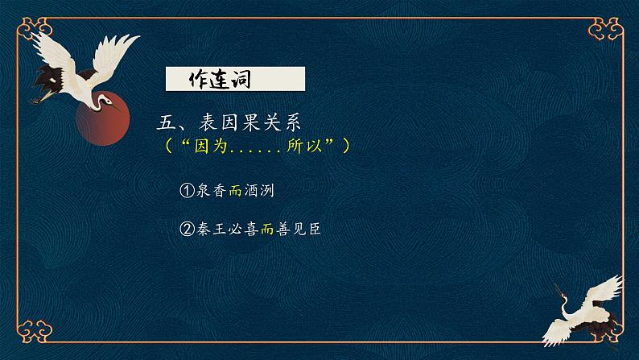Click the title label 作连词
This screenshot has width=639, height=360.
[x=219, y=79]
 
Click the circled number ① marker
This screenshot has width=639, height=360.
[x=186, y=190]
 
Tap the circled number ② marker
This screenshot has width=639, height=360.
[x=186, y=230]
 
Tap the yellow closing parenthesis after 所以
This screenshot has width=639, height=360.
[x=346, y=147]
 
